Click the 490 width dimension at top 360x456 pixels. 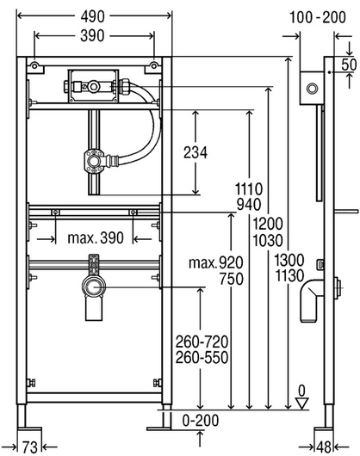[x=92, y=16]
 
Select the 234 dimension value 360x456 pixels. [x=196, y=152]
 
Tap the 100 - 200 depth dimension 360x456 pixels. [x=318, y=17]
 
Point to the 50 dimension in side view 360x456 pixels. [x=349, y=65]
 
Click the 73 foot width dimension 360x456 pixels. [x=29, y=447]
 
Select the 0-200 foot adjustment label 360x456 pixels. [x=201, y=421]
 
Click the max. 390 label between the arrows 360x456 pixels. [x=96, y=237]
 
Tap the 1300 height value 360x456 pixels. [x=289, y=260]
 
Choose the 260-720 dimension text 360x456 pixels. [x=202, y=342]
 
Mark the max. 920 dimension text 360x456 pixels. [x=216, y=263]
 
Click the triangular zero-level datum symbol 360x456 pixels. [x=301, y=404]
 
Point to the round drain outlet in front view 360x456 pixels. [x=94, y=287]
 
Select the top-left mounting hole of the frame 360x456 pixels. [x=34, y=66]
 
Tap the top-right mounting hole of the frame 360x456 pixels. [x=154, y=66]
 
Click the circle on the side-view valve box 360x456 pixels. [x=312, y=88]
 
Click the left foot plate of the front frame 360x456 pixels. [x=29, y=429]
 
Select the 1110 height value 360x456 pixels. [x=249, y=189]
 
